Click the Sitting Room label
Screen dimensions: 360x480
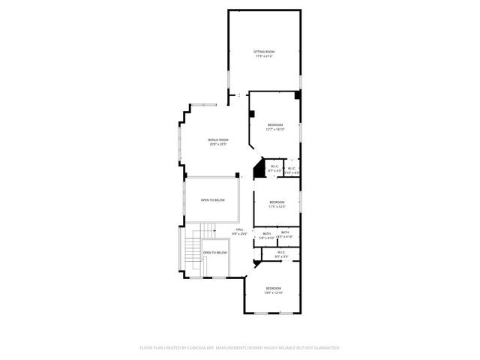tap(264, 51)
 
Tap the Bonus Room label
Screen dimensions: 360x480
tap(218, 140)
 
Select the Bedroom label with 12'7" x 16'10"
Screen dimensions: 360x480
tap(275, 124)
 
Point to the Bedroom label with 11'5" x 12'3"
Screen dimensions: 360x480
tap(277, 202)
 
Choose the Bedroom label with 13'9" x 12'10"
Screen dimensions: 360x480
tap(273, 289)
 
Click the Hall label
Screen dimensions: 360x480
tap(239, 229)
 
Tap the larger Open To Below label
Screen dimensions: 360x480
tap(213, 200)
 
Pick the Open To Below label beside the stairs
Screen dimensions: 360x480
tap(215, 253)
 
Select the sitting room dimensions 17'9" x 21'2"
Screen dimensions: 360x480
tap(264, 55)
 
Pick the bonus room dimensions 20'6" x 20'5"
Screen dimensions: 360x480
tap(218, 145)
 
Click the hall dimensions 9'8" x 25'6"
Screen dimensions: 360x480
tap(239, 234)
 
